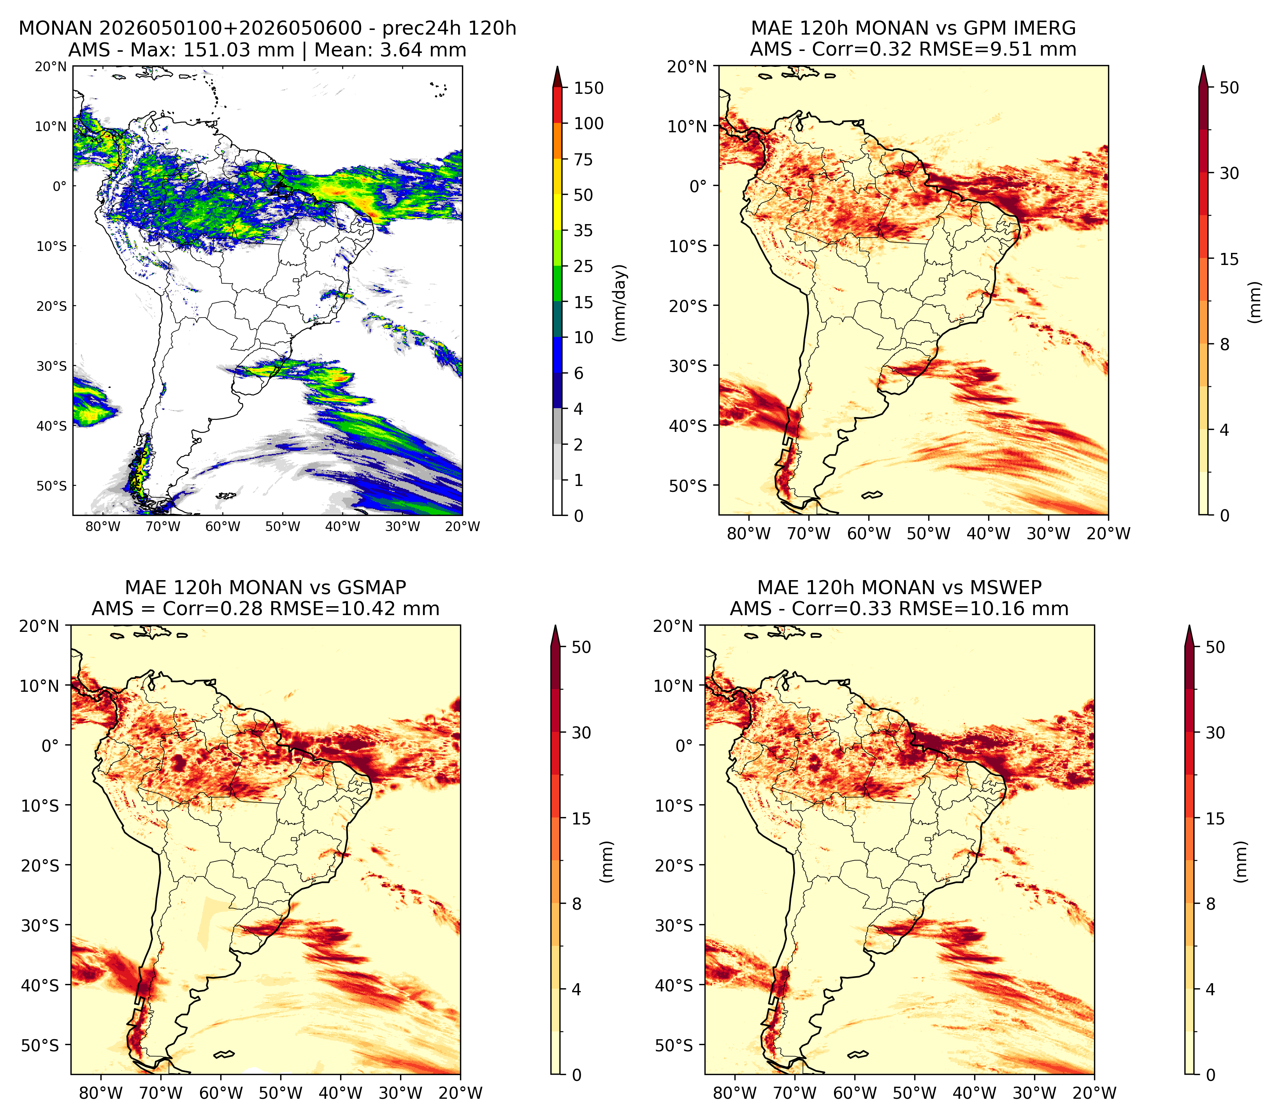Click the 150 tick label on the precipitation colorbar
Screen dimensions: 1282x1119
pos(589,88)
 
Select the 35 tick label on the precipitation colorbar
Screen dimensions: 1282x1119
pos(583,230)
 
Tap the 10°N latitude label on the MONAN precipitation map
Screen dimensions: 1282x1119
pos(51,126)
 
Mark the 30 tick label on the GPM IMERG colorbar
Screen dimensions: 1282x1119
pos(1229,173)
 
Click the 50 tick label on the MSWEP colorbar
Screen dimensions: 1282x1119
pos(1215,647)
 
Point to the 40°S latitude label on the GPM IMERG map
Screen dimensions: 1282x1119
pos(688,426)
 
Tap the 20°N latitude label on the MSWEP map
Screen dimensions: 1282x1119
pos(673,626)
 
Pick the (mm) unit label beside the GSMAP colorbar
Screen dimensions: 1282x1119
pos(606,862)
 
